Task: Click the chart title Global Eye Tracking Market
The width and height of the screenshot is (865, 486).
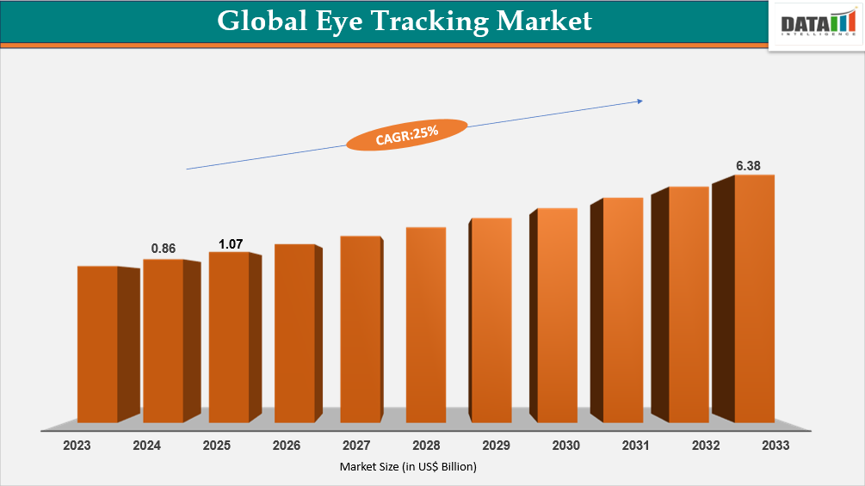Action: [404, 21]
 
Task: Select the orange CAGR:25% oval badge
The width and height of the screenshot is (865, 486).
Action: [407, 135]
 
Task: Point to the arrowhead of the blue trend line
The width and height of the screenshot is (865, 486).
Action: [639, 102]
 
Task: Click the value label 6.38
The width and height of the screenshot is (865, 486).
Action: [748, 165]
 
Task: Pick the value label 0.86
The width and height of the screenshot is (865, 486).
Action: [164, 249]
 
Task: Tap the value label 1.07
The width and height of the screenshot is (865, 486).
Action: [231, 244]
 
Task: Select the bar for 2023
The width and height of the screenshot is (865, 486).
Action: [97, 344]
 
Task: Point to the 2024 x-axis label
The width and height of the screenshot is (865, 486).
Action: [146, 446]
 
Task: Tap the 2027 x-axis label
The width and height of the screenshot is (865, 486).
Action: [356, 446]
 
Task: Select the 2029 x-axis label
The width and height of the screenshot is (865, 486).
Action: [496, 446]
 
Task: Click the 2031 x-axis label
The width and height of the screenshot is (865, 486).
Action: [636, 446]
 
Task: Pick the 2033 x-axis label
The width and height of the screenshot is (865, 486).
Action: [775, 446]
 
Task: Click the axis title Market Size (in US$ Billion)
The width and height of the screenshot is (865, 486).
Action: [407, 467]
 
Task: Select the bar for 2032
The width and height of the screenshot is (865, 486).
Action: [689, 305]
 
